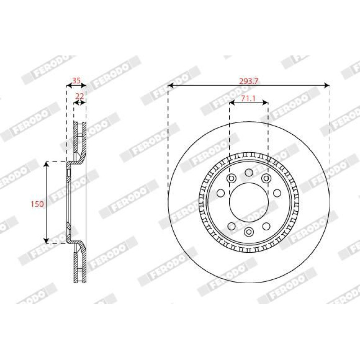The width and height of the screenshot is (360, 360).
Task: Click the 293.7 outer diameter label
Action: coord(249,81)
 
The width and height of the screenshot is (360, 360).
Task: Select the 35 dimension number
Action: coord(76,81)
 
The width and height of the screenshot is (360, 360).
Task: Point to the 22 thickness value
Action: coord(80,96)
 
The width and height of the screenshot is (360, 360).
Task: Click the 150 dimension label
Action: coord(37,204)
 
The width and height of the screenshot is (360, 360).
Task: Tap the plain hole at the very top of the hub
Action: coord(249,172)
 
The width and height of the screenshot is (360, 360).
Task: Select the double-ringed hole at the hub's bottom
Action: coord(249,232)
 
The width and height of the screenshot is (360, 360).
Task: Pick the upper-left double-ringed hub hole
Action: coord(231,178)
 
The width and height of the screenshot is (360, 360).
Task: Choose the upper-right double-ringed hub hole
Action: coord(266,178)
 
